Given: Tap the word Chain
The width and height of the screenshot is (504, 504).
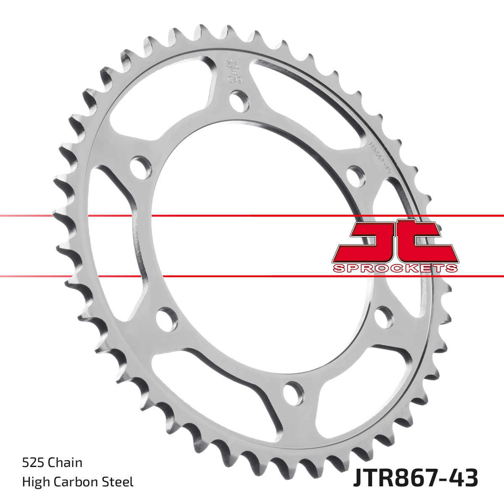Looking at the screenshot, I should pyautogui.click(x=65, y=463).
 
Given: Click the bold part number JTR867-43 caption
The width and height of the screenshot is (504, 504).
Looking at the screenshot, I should pyautogui.click(x=415, y=479).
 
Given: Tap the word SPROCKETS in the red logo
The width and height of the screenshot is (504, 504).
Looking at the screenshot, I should pyautogui.click(x=395, y=268).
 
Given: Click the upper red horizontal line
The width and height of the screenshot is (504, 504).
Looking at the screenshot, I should pyautogui.click(x=252, y=216).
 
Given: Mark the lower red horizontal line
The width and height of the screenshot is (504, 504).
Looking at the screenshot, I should pyautogui.click(x=252, y=276).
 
